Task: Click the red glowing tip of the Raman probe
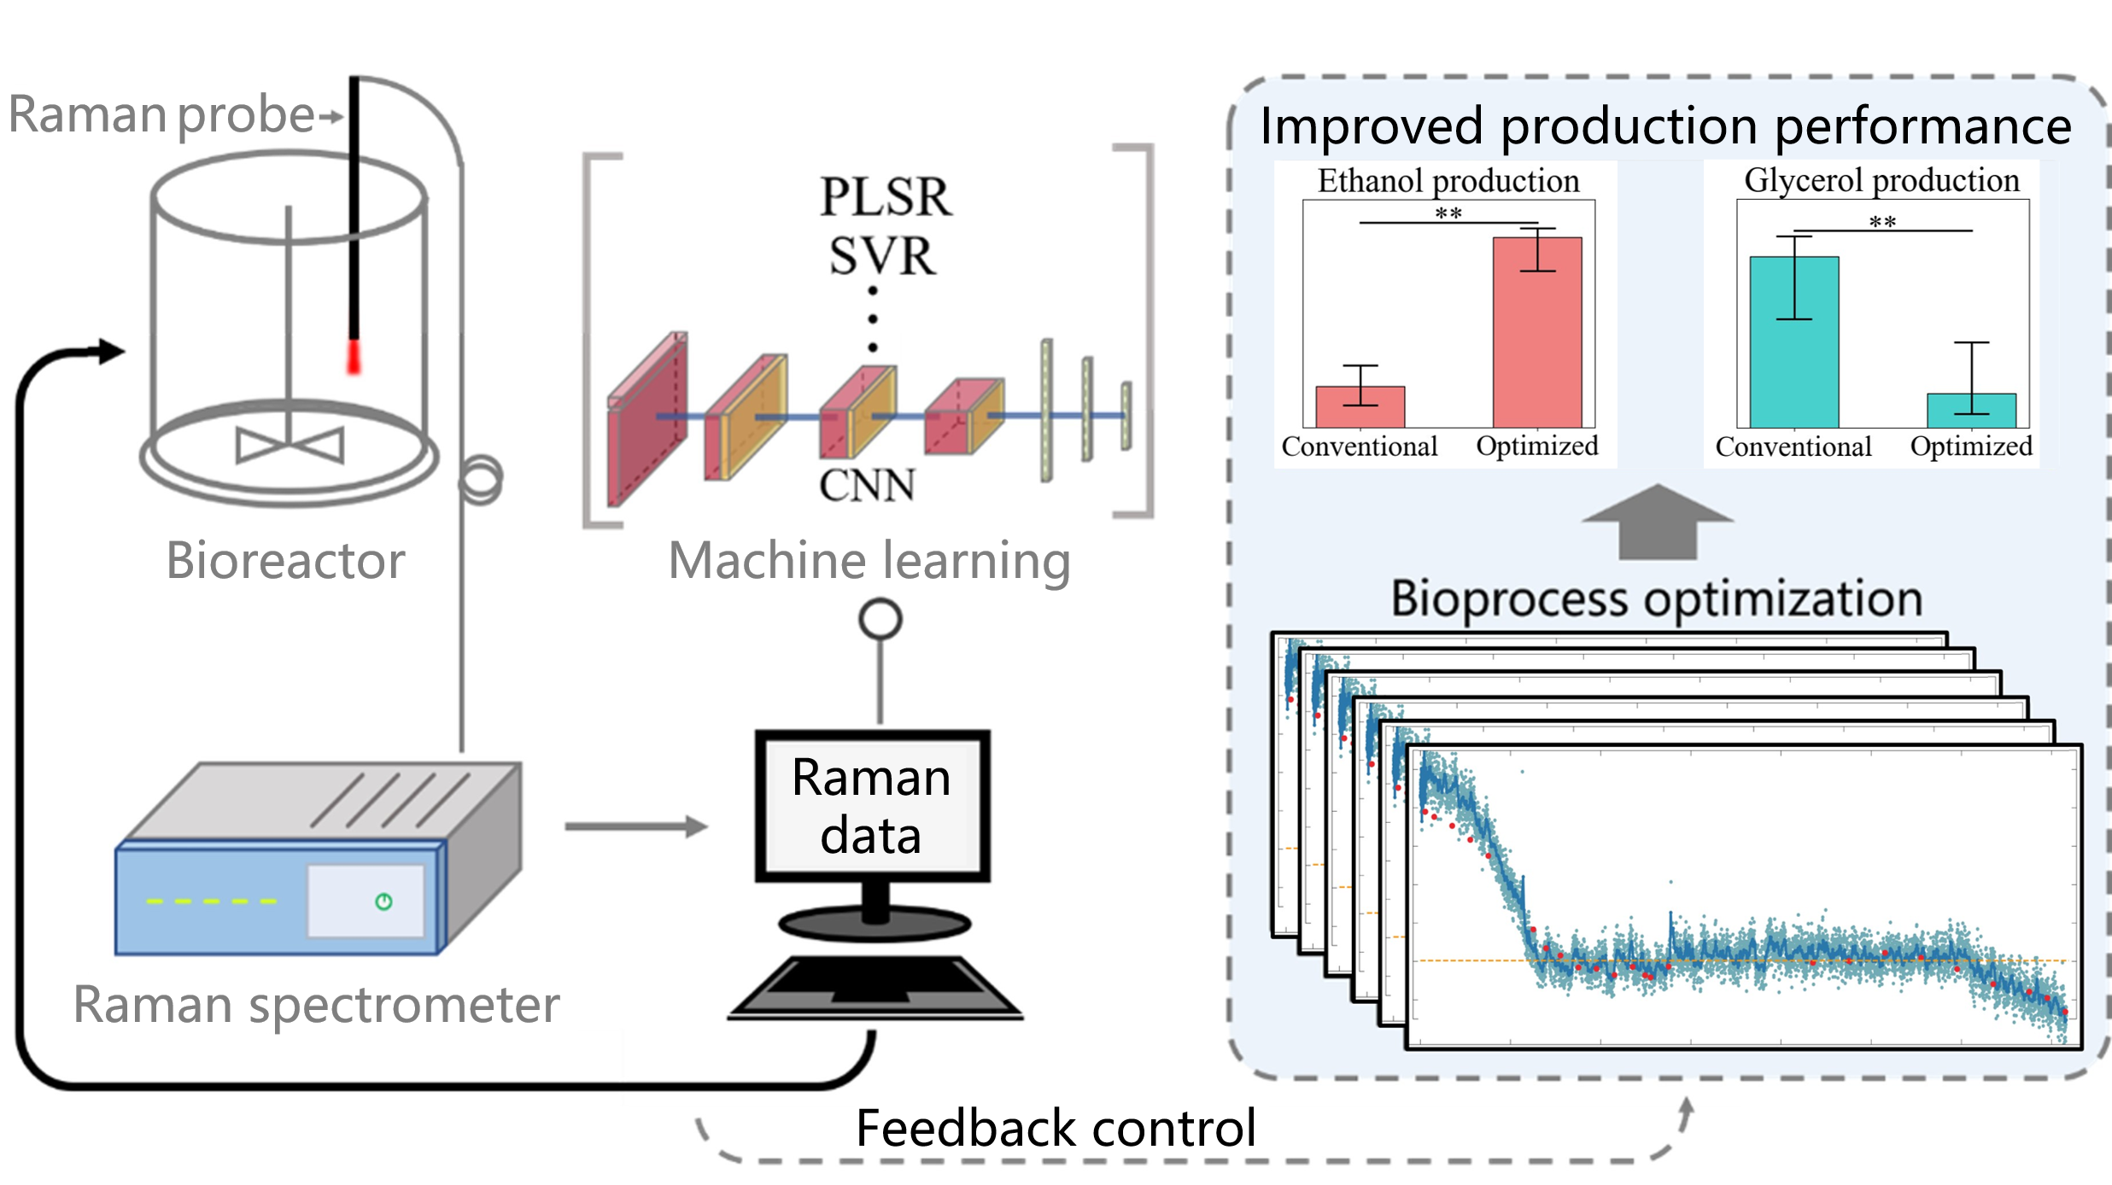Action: [354, 357]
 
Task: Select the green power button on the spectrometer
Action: [383, 902]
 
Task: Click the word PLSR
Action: [885, 197]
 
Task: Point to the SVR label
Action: [882, 256]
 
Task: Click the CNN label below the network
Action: [867, 486]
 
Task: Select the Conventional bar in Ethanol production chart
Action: [1360, 407]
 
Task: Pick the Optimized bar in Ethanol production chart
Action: [1537, 333]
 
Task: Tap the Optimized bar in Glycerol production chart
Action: [1971, 411]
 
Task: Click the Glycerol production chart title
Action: [1881, 180]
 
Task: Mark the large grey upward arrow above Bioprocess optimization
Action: [1657, 521]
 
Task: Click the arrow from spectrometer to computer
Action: [636, 826]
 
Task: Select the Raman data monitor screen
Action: [872, 806]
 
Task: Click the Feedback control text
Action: [1056, 1128]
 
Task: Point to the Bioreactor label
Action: [285, 561]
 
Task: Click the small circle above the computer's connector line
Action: [880, 619]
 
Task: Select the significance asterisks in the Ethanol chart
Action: [1448, 213]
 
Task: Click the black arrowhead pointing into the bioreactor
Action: [110, 351]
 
